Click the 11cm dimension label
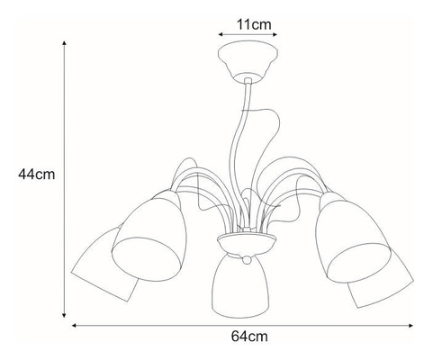[254, 24]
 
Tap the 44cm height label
[37, 175]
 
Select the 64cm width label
[249, 337]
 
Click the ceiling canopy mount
[248, 61]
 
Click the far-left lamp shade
[105, 264]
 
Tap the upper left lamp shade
[149, 237]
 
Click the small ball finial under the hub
[247, 260]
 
